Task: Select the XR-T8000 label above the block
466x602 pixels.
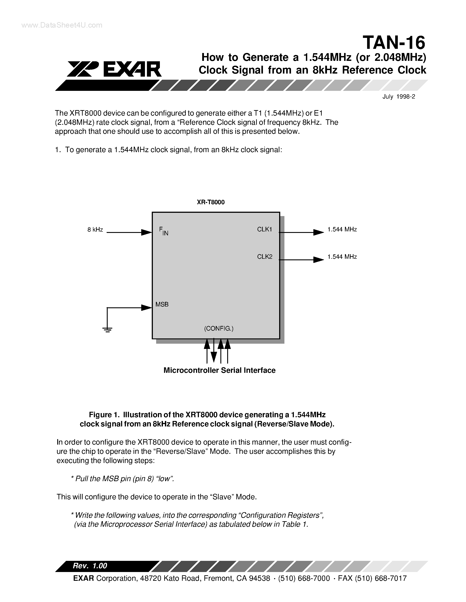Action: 211,202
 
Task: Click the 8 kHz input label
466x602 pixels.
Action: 95,230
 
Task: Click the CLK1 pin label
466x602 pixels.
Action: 264,229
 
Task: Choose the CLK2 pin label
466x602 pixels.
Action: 264,257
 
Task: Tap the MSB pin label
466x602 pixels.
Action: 162,304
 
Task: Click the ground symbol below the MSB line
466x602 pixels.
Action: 107,329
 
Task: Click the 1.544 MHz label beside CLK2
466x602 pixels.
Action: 342,257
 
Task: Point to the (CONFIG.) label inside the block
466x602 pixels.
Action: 219,329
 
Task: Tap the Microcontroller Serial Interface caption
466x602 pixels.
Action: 220,370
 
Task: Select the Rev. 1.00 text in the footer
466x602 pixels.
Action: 90,566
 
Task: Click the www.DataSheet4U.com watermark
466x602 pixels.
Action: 62,25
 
